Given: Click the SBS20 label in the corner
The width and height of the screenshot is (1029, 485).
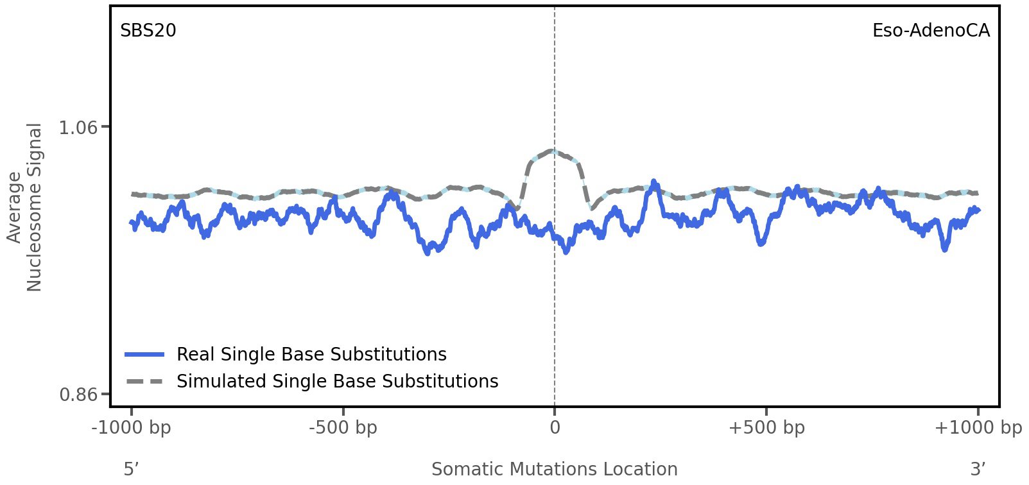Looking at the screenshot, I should [x=148, y=31].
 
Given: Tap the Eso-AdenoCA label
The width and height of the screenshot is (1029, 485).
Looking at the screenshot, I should [x=930, y=31].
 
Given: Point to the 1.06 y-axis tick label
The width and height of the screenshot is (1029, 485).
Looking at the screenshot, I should [x=78, y=128].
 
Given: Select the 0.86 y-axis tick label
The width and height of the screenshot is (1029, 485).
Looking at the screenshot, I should [x=78, y=394].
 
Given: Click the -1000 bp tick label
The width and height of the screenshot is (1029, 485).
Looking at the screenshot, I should [x=132, y=428].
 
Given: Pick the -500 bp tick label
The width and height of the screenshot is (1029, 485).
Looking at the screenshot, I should [x=343, y=428].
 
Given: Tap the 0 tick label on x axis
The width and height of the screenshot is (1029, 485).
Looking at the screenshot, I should [x=555, y=428].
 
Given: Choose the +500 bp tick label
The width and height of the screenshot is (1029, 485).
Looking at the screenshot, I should [x=766, y=428].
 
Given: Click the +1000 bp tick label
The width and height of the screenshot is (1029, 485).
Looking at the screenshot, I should [x=978, y=428].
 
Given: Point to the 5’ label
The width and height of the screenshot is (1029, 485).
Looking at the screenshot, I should [x=131, y=470].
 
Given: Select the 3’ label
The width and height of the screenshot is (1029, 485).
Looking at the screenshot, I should [x=978, y=470].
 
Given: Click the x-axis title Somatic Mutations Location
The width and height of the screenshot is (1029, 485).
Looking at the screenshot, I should [x=554, y=470].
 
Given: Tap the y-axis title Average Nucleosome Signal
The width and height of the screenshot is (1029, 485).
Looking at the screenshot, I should [x=24, y=207].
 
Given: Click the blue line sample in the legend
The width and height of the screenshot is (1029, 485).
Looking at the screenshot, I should [x=145, y=355].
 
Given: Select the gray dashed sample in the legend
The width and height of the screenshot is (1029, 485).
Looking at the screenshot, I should [x=145, y=382].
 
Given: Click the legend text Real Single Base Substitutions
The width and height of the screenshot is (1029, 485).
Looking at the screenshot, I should [x=311, y=355].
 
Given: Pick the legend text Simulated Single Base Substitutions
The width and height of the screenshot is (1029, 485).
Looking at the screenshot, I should [x=337, y=382].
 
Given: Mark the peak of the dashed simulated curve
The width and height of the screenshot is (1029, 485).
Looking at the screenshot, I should [x=553, y=151].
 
